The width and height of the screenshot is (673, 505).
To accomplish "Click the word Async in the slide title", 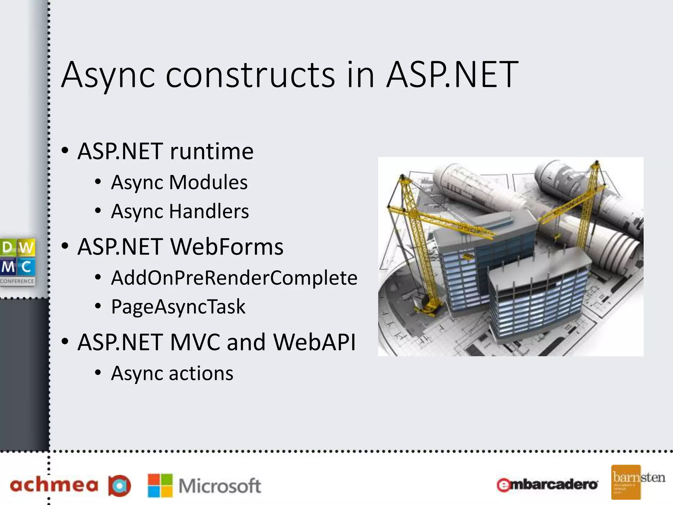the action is pyautogui.click(x=108, y=75).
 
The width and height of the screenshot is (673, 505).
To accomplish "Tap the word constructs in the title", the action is pyautogui.click(x=250, y=75).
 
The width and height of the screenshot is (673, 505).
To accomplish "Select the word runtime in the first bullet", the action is pyautogui.click(x=212, y=152).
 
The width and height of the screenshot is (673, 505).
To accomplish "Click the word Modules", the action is pyautogui.click(x=208, y=182).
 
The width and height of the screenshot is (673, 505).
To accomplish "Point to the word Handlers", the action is pyautogui.click(x=209, y=211).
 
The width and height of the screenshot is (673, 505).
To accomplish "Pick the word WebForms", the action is pyautogui.click(x=227, y=247).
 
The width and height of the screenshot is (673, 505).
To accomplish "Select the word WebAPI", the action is pyautogui.click(x=314, y=342).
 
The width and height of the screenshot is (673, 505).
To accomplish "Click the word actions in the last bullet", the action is pyautogui.click(x=201, y=374).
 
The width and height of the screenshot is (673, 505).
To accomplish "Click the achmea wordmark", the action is pyautogui.click(x=54, y=486).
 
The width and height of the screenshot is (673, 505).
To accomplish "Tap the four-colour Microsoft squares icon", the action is pyautogui.click(x=160, y=485).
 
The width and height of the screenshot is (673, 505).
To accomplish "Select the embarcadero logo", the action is pyautogui.click(x=547, y=485).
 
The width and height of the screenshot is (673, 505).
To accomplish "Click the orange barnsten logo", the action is pyautogui.click(x=626, y=482).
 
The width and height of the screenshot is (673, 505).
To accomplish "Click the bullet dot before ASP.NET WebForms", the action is pyautogui.click(x=65, y=246).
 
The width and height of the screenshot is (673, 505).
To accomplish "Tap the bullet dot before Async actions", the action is pyautogui.click(x=98, y=373).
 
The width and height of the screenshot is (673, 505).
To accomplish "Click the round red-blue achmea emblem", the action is pyautogui.click(x=120, y=486).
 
